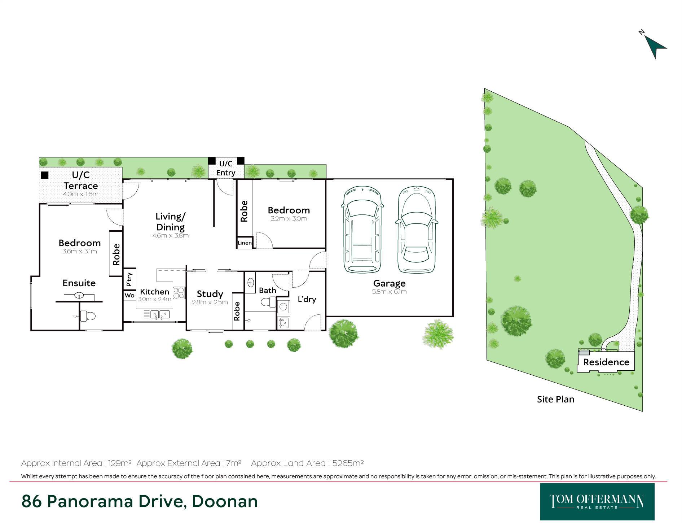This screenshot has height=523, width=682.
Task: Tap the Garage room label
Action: [x=389, y=283]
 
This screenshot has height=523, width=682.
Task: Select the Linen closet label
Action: [x=245, y=243]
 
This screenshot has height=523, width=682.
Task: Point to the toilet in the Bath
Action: [x=268, y=302]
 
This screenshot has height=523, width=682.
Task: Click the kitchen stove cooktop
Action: [x=179, y=292]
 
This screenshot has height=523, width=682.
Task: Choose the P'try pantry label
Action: [x=129, y=279]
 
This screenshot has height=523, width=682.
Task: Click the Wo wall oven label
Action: [x=129, y=295]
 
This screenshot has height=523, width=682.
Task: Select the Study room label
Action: [x=210, y=294]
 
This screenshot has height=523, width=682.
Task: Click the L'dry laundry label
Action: [x=307, y=299]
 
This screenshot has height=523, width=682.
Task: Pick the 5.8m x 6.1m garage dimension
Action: [x=389, y=292]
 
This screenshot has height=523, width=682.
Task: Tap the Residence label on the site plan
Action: [x=606, y=362]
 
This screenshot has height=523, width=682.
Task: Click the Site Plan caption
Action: [x=555, y=399]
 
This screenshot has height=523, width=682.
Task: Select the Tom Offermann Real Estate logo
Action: [x=597, y=502]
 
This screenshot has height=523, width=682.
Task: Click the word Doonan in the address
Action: [x=225, y=501]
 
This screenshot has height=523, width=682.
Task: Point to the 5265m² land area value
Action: [x=348, y=463]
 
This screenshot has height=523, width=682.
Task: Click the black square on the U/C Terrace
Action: [x=45, y=175]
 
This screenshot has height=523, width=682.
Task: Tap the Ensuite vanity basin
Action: [x=79, y=296]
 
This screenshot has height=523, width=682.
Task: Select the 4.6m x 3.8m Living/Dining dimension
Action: [x=171, y=236]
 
